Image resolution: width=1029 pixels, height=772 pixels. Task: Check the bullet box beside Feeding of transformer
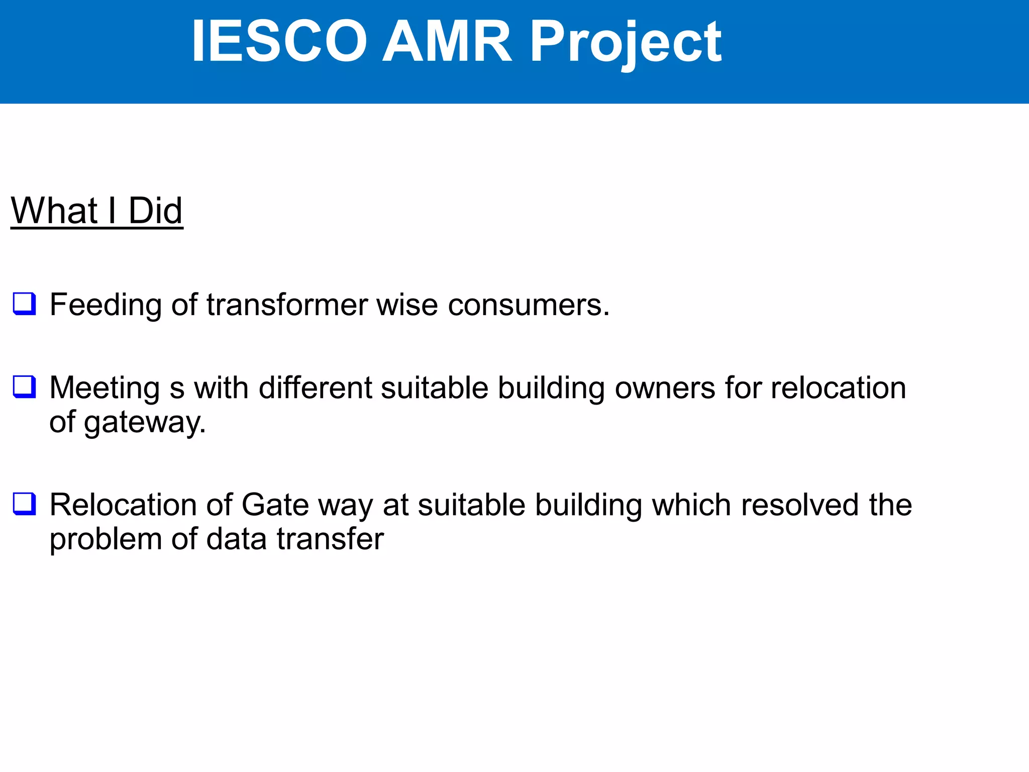[24, 304]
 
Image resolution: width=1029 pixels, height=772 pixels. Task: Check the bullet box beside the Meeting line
[24, 387]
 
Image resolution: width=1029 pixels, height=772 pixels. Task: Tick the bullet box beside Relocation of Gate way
[24, 504]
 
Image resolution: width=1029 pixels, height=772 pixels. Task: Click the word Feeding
[106, 305]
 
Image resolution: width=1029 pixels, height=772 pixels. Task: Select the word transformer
[287, 305]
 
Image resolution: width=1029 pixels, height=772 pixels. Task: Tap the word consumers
[529, 305]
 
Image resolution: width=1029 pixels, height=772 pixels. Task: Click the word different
[315, 388]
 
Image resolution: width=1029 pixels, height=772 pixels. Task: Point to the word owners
[665, 388]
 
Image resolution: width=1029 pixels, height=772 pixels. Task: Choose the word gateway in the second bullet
[145, 422]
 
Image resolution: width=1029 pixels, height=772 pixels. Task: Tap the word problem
[106, 539]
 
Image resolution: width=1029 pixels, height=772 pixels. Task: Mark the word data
[237, 539]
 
